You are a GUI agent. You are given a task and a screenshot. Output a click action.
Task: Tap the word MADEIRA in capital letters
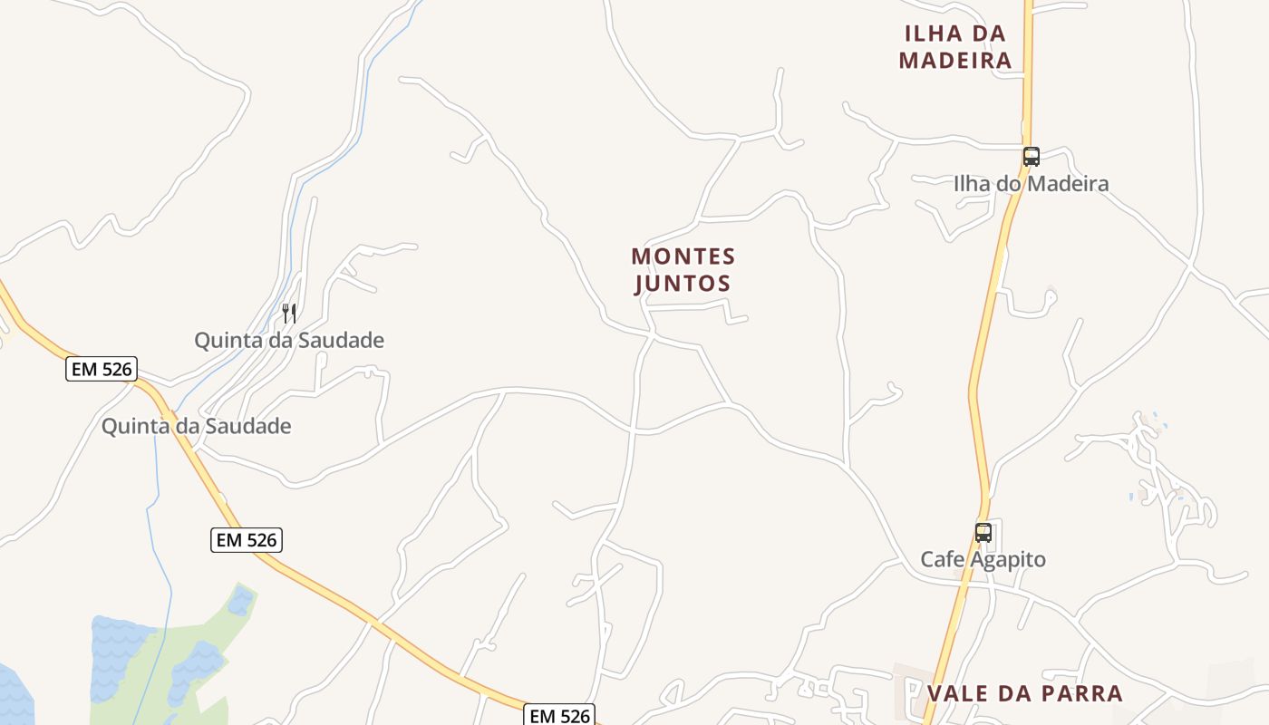[x=954, y=61]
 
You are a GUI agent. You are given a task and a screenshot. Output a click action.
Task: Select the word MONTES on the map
[x=683, y=256]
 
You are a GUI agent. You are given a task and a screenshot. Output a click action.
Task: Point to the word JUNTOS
[x=683, y=284]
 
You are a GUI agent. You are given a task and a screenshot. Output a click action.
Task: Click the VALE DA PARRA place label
[x=1024, y=694]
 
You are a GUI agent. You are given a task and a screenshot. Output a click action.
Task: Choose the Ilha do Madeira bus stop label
[x=1031, y=184]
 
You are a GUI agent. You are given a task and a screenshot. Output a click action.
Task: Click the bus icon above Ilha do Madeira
[x=1032, y=156]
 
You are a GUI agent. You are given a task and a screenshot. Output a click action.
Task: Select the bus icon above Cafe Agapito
[x=983, y=532]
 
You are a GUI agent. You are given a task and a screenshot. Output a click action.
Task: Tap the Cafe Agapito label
[x=983, y=559]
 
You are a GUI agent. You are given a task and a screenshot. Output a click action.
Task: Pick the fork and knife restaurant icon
[x=289, y=314]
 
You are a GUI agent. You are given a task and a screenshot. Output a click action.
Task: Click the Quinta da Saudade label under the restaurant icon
[x=289, y=341]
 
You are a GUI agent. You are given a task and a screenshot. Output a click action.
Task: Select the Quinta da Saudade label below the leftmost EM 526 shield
[x=196, y=426]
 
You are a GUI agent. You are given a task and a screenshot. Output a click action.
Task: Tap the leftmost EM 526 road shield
[x=101, y=369]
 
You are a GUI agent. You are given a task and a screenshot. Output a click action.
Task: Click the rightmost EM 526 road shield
[x=560, y=716]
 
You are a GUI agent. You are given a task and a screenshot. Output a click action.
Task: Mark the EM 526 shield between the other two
[x=247, y=540]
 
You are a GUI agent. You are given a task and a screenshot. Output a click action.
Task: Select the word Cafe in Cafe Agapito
[x=941, y=559]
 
